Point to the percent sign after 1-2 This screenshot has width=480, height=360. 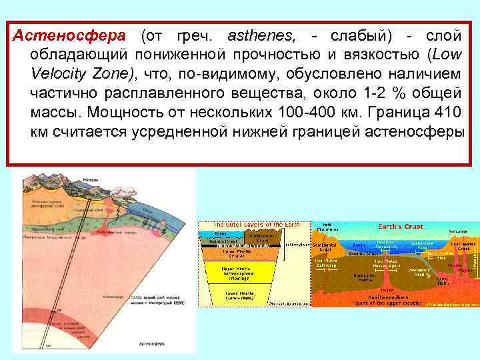pyautogui.click(x=379, y=92)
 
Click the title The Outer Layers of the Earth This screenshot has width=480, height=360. pyautogui.click(x=255, y=225)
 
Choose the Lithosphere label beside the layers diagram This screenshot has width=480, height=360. pyautogui.click(x=297, y=245)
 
